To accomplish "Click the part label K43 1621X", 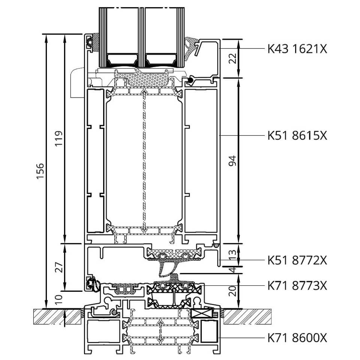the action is click(297, 49).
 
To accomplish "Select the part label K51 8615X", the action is click(297, 135).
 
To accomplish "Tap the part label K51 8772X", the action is click(297, 260).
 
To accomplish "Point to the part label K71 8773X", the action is click(297, 286).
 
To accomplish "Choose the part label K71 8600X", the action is click(297, 338).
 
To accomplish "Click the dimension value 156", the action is click(40, 171).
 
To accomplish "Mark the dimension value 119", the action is click(59, 138).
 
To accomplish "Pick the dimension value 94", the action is click(233, 161).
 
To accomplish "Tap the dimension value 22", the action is click(233, 58).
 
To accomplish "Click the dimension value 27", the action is click(59, 267).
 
